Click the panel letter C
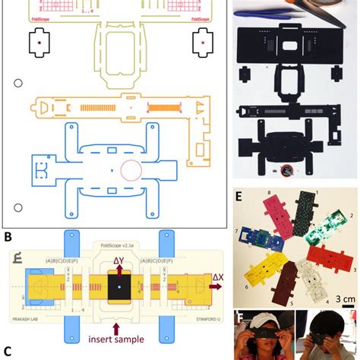[8, 350]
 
